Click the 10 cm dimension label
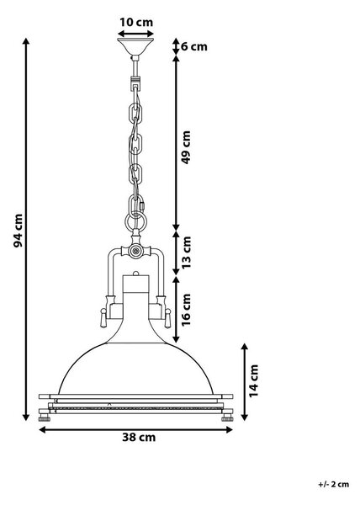click(x=136, y=23)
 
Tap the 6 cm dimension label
click(x=194, y=46)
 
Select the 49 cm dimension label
click(x=187, y=147)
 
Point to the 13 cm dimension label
click(x=187, y=252)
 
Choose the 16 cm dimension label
click(x=187, y=310)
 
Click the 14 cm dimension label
click(x=254, y=380)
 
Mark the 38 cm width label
click(x=139, y=438)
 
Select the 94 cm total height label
click(x=19, y=231)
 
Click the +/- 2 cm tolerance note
click(x=333, y=484)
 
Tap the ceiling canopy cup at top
click(x=135, y=46)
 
